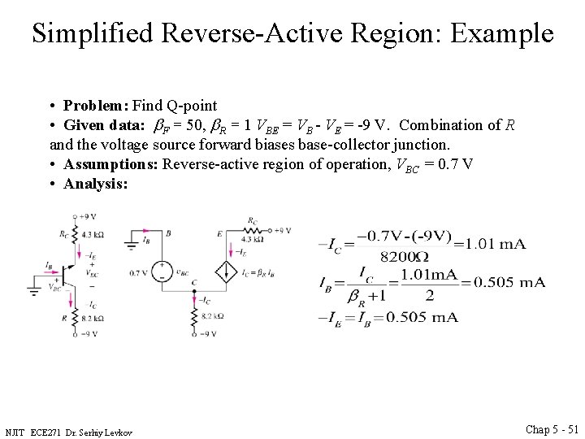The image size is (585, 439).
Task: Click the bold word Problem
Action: [x=95, y=106]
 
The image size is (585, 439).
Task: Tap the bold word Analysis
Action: [x=95, y=185]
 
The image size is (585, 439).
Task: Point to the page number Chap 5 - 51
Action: [x=552, y=429]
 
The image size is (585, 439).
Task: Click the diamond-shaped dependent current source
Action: [x=223, y=270]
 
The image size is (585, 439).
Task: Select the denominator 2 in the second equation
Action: [x=429, y=296]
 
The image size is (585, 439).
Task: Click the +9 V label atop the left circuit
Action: [x=88, y=216]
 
